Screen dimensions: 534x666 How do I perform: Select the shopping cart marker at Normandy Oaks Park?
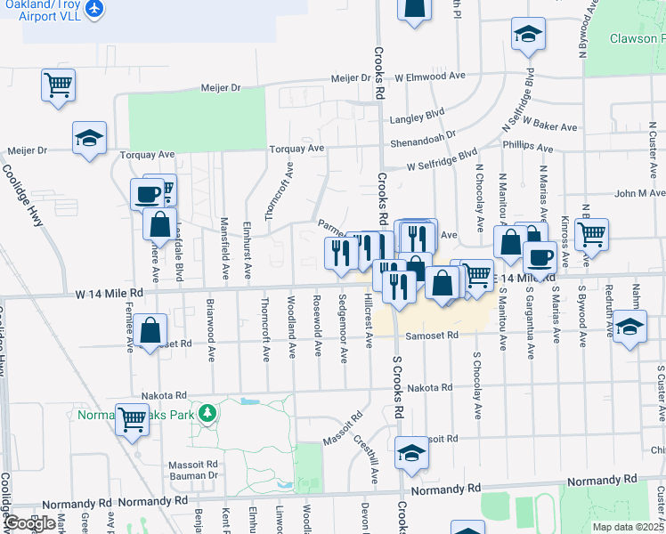(x=133, y=418)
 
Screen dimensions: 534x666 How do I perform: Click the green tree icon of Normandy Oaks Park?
(x=207, y=413)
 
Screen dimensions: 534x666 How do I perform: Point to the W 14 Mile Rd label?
(x=109, y=292)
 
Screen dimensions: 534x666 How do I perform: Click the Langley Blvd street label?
(x=417, y=115)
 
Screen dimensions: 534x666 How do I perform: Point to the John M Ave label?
(x=638, y=193)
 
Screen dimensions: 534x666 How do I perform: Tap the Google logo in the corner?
(x=29, y=523)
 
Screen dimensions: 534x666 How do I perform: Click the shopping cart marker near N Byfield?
(x=591, y=235)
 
